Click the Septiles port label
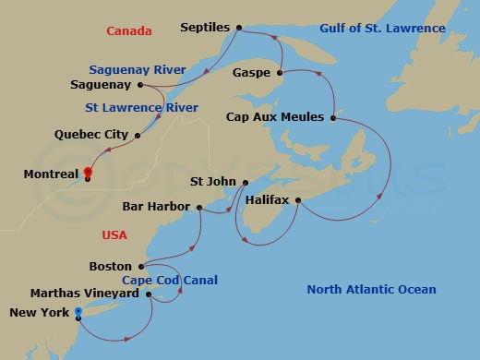(x=203, y=29)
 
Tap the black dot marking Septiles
(x=239, y=29)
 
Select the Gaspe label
(x=250, y=71)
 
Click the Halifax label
(x=268, y=199)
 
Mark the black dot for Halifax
(x=297, y=199)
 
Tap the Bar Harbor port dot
(x=198, y=207)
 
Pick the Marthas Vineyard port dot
(x=149, y=294)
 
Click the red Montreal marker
(x=87, y=172)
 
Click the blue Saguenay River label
(x=138, y=70)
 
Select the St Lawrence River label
(x=142, y=108)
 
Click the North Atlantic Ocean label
(x=371, y=290)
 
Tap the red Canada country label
(x=129, y=31)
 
